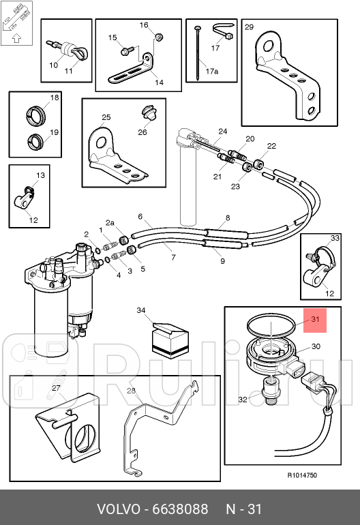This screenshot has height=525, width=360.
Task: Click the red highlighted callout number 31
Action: [x=315, y=319]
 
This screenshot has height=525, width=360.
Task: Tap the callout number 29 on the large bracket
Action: [x=249, y=27]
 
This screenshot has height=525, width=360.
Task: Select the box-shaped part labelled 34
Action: [x=170, y=340]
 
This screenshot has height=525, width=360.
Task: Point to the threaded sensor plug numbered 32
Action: [x=270, y=390]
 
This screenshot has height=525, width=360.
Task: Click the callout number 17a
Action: [x=211, y=72]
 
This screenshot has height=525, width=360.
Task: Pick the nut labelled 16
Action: [x=160, y=37]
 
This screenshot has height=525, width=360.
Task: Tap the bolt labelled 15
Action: [x=126, y=51]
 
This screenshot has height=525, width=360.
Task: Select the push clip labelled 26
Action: [x=149, y=112]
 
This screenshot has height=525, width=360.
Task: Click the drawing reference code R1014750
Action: [x=302, y=475]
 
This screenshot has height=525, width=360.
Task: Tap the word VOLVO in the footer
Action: [x=118, y=509]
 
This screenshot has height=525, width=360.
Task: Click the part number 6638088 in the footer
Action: [x=180, y=509]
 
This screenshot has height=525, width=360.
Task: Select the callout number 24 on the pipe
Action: [x=223, y=132]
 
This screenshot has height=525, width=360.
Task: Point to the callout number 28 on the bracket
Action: [x=131, y=391]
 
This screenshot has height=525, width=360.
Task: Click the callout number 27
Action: [x=56, y=388]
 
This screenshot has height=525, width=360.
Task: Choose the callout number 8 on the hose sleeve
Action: [x=228, y=218]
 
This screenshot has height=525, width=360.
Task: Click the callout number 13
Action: [x=40, y=175]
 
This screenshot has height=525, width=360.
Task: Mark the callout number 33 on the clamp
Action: [x=335, y=238]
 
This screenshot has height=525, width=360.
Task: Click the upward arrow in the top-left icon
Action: [x=16, y=38]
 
